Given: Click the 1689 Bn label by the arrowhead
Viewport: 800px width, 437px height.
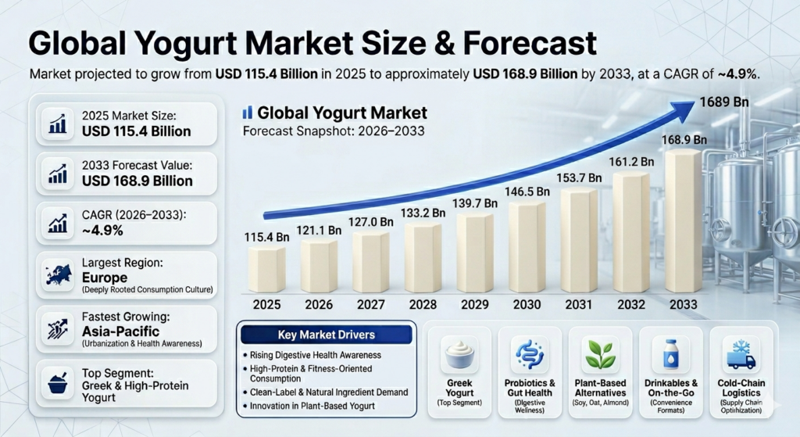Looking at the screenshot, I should click(x=726, y=102).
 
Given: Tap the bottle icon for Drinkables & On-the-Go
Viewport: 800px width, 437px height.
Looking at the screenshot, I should click(x=670, y=356).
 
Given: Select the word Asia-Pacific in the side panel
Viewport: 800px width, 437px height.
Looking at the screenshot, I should click(x=120, y=331).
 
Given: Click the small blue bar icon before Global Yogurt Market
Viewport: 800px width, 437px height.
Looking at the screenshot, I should click(x=247, y=113).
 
